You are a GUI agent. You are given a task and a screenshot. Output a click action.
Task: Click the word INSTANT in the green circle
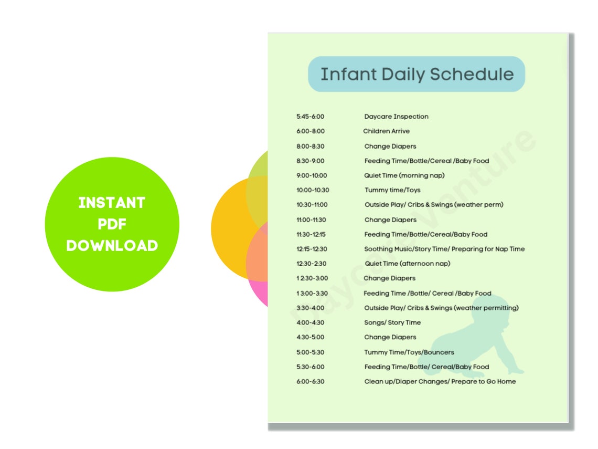click(x=112, y=203)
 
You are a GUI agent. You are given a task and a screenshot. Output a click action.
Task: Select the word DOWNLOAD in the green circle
click(x=112, y=246)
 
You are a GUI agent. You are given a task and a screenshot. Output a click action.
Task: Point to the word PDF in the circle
click(x=112, y=224)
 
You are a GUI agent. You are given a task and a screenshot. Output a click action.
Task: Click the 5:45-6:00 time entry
click(x=310, y=117)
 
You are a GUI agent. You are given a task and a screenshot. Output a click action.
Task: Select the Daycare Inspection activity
click(x=396, y=117)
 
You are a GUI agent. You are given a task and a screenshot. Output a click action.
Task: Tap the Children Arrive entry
click(x=386, y=131)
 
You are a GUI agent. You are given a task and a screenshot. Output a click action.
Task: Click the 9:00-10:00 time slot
click(x=311, y=175)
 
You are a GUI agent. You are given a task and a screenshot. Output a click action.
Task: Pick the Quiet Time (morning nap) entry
click(x=404, y=175)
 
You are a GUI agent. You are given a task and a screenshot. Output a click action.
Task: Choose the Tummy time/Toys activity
click(x=392, y=190)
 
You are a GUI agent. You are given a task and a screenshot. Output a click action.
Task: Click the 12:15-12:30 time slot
click(x=311, y=249)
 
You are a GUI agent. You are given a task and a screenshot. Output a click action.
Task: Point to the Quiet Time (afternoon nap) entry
click(x=407, y=264)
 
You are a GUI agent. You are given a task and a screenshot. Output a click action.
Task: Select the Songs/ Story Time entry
click(x=392, y=322)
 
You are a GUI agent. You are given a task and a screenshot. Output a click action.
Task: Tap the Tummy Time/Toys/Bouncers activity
click(x=409, y=352)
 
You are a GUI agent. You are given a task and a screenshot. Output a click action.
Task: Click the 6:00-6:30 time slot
click(x=310, y=381)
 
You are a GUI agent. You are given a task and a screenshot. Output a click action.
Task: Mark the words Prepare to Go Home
click(x=483, y=381)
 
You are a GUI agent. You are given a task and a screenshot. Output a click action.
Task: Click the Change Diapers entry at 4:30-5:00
click(x=390, y=337)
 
